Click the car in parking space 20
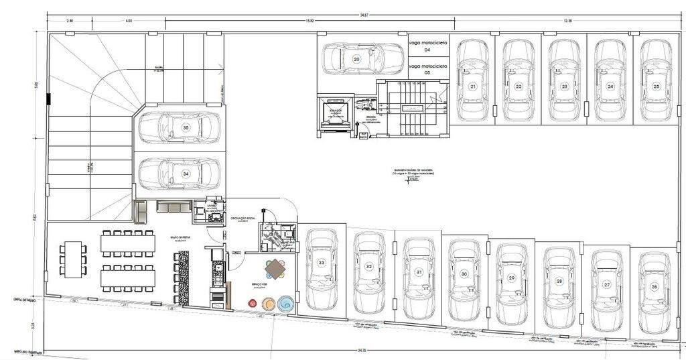(353, 58)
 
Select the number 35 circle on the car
(186, 127)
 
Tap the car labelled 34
(180, 174)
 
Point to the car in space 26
(654, 293)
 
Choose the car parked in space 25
(656, 80)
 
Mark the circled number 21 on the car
(473, 86)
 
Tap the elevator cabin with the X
(335, 117)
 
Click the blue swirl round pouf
(285, 304)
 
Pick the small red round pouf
(253, 304)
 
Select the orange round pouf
(268, 304)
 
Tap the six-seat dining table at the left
(72, 259)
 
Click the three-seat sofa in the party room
(174, 206)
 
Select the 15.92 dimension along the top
(310, 21)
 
